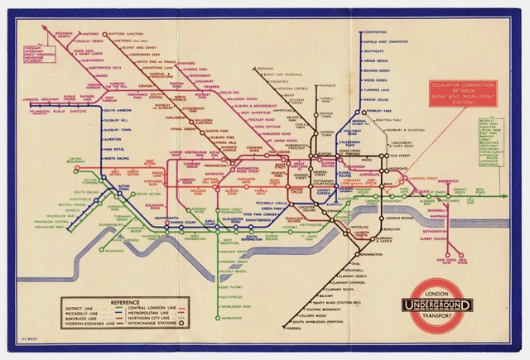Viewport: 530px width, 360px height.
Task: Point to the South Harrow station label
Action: click(116, 109)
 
